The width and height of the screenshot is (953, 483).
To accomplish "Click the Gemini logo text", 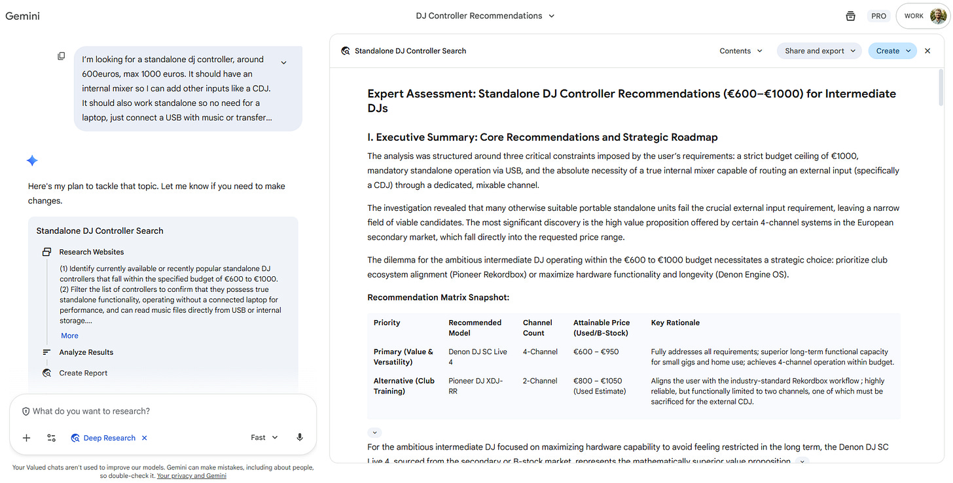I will (x=23, y=16).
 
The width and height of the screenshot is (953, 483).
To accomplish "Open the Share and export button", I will (x=819, y=51).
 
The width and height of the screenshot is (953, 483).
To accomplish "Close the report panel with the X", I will (x=927, y=51).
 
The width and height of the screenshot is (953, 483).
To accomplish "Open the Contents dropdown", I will (x=741, y=51).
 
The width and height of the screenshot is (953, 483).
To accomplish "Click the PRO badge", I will (x=878, y=16).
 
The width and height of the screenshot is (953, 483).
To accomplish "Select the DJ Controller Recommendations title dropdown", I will (x=485, y=16).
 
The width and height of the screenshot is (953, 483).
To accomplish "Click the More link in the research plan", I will (x=69, y=336).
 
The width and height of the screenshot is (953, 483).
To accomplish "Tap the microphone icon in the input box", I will (x=300, y=438).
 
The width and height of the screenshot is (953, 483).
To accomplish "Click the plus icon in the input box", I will (x=26, y=438).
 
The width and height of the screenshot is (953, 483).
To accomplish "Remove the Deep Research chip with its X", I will (x=145, y=438).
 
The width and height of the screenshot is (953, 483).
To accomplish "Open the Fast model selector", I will (x=264, y=438).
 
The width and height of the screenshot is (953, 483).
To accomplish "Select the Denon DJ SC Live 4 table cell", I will (x=478, y=357).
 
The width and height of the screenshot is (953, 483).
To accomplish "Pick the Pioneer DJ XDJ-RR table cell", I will (x=476, y=385).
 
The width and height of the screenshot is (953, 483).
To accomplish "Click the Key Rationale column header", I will (x=675, y=323).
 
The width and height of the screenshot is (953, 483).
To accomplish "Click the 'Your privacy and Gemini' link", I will (x=192, y=476).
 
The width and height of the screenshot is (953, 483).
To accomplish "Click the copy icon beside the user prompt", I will (x=62, y=56).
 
